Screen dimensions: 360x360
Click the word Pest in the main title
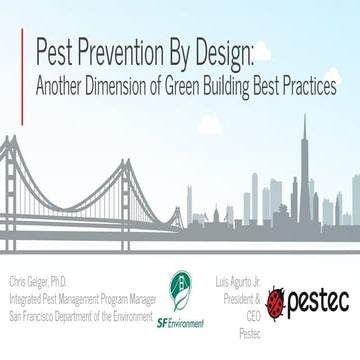tap(56, 50)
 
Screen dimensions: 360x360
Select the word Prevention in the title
tap(126, 50)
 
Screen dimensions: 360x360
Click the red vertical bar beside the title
tap(22, 66)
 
